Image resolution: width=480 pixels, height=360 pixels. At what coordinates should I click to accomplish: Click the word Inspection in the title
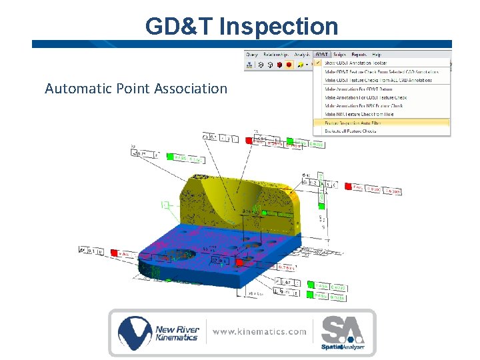pos(278,27)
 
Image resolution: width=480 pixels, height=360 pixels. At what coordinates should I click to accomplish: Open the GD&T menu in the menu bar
pos(321,54)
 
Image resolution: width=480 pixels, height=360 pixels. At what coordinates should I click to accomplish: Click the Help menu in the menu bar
pos(377,54)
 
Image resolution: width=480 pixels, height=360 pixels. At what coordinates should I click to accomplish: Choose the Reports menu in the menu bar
pos(359,54)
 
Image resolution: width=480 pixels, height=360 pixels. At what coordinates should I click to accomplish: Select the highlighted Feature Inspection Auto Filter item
pos(359,123)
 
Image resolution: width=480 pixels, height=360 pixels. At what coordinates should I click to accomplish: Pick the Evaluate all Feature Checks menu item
pos(351,131)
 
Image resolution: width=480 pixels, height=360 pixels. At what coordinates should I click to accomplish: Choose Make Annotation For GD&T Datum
pos(358,89)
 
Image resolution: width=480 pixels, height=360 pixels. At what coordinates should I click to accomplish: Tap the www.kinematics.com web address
pos(260,331)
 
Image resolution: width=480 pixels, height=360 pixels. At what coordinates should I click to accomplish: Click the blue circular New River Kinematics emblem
pos(135,331)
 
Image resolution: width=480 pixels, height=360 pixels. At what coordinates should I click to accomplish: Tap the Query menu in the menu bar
pos(252,54)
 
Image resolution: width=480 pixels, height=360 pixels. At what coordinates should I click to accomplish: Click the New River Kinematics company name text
pos(176,333)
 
